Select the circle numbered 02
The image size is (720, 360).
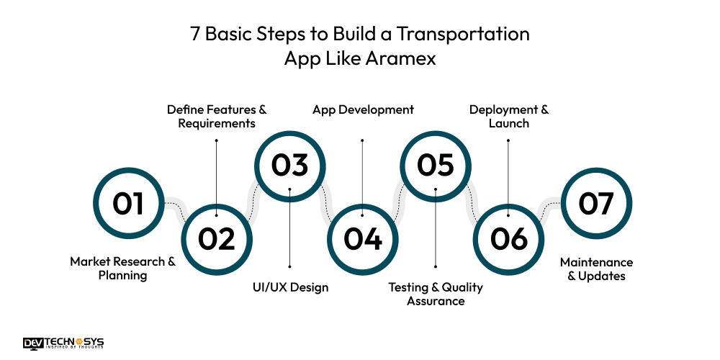pos(217,238)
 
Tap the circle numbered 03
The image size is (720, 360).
pos(289,165)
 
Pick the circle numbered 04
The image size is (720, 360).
pos(362,238)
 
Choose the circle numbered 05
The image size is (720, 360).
pos(436,165)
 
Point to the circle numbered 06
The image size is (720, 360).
pos(508,238)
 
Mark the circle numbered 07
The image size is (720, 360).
pos(596,203)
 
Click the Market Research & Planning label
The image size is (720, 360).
pos(122,269)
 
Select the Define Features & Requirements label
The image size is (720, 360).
pos(217,116)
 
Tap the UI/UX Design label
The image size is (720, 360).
pos(290,287)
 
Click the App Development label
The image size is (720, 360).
pos(363,109)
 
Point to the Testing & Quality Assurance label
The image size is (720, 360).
pos(436,294)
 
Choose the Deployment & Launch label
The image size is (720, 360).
pos(509,116)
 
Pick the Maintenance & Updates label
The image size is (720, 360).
pos(596,269)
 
